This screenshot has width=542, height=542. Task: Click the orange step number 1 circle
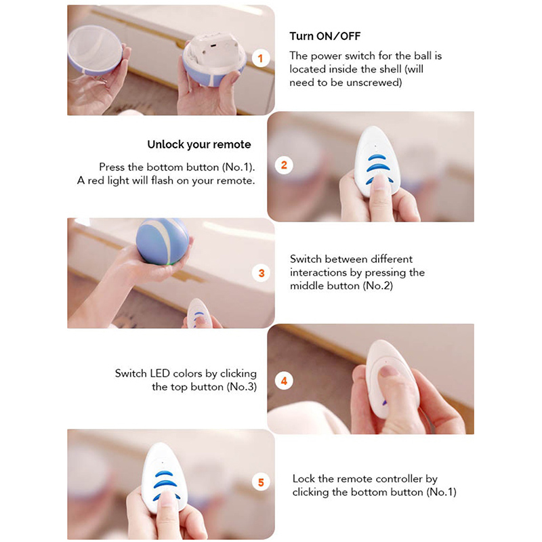tap(261, 58)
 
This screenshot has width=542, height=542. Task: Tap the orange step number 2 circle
tap(284, 165)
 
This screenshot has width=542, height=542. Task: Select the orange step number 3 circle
tap(261, 273)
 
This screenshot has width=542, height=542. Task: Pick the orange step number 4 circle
tap(284, 381)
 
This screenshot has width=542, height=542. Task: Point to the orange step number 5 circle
tap(261, 482)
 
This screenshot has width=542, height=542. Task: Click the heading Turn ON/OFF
tap(325, 36)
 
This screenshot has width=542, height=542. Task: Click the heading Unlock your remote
tap(199, 144)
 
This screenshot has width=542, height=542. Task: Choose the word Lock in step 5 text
tap(304, 479)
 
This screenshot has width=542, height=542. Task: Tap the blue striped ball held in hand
tap(163, 241)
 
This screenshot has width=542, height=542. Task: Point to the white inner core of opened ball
tap(213, 47)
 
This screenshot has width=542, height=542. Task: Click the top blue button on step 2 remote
tap(377, 158)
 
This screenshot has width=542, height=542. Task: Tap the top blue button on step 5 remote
tap(164, 474)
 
